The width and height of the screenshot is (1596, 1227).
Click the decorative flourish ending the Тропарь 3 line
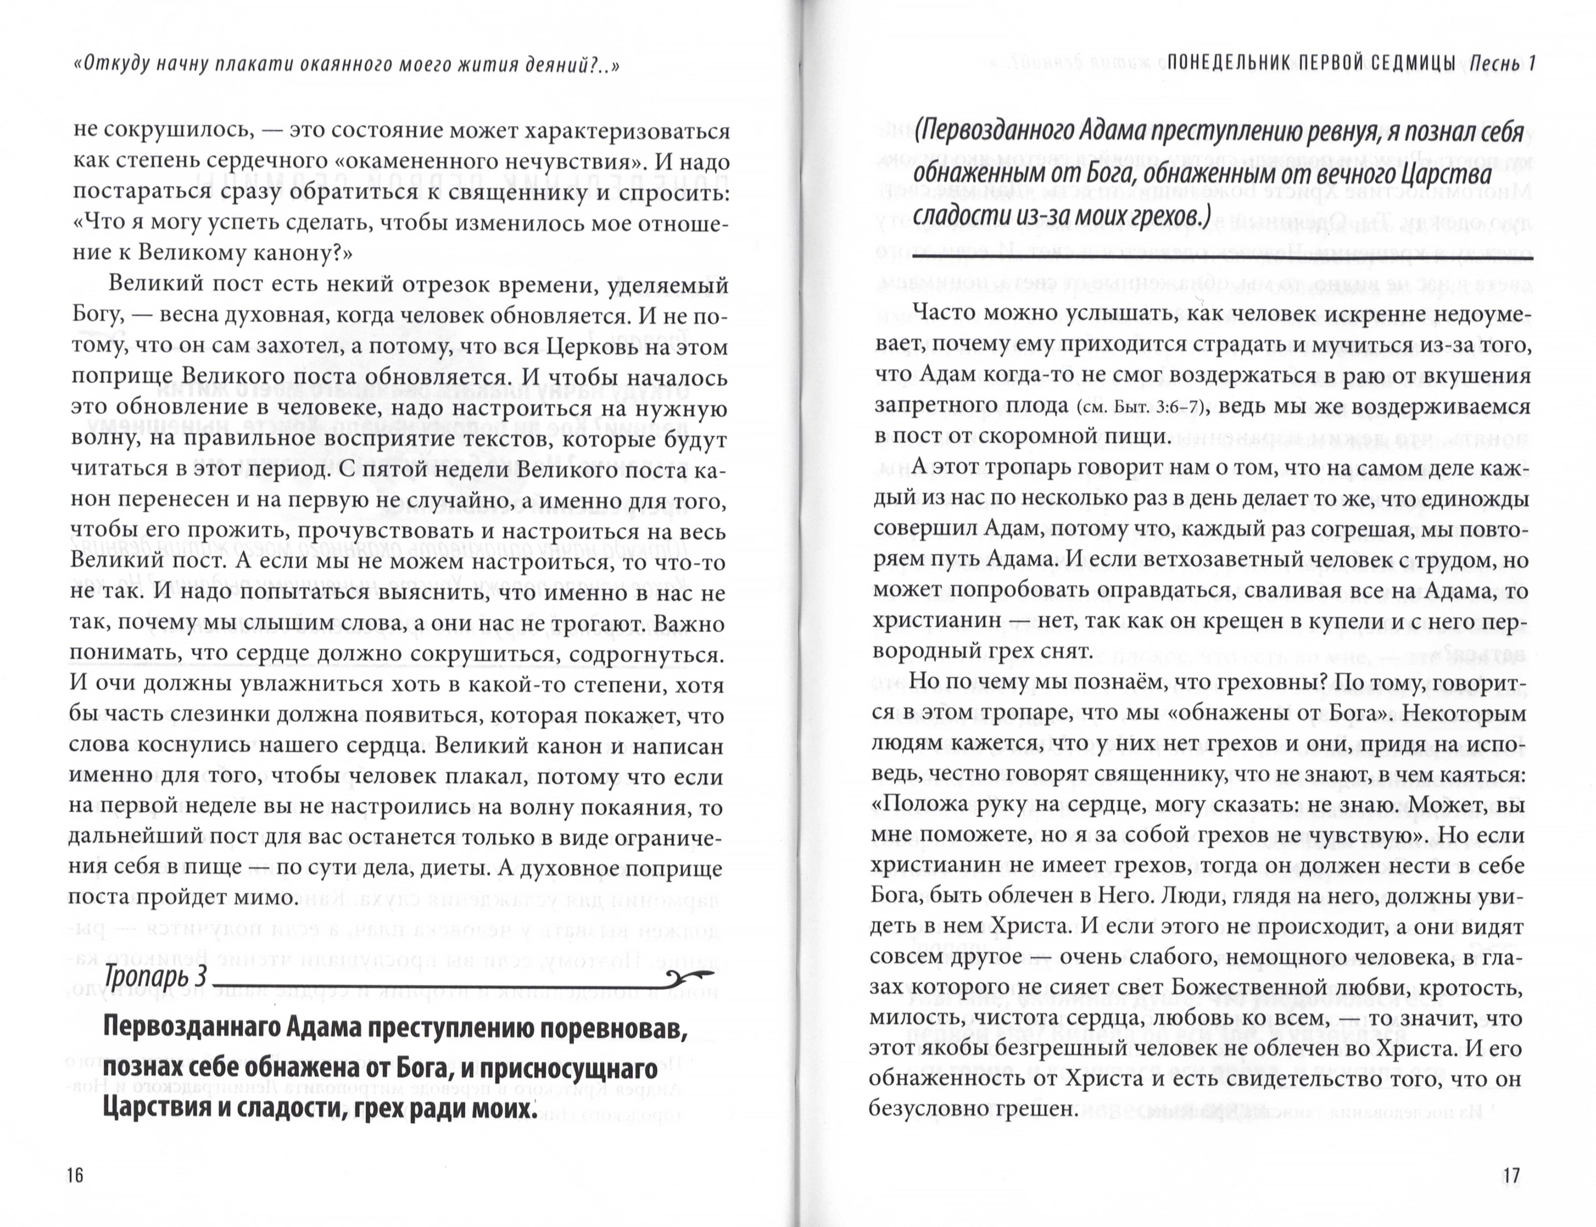click(x=692, y=976)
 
